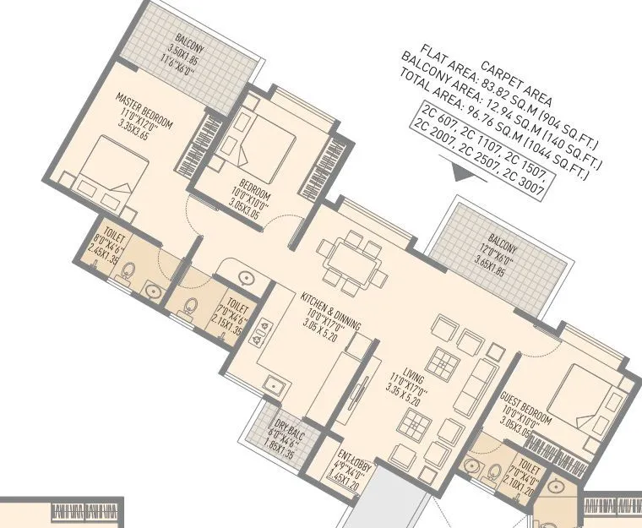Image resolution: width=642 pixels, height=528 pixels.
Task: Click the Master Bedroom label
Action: pyautogui.click(x=144, y=117)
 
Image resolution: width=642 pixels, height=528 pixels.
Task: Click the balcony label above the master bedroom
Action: pyautogui.click(x=182, y=49)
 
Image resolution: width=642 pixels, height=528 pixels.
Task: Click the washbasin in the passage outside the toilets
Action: pyautogui.click(x=245, y=276)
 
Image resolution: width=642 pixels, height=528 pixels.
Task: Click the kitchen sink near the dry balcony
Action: pyautogui.click(x=272, y=385)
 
